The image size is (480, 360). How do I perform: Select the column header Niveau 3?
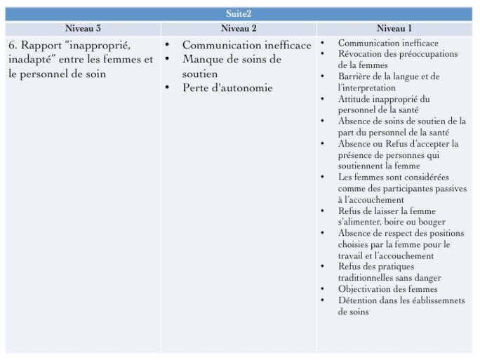click(83, 29)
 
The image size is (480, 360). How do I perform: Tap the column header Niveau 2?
click(239, 29)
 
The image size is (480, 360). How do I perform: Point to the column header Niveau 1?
click(394, 29)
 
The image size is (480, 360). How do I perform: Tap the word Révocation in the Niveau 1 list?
click(361, 54)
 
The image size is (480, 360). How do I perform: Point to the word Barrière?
click(355, 76)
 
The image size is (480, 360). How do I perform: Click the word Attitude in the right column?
click(354, 99)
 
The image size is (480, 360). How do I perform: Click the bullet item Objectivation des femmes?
click(387, 289)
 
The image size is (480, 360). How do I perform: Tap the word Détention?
click(358, 300)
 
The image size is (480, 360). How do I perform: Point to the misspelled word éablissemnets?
click(429, 300)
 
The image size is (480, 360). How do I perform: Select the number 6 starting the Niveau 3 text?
click(12, 46)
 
